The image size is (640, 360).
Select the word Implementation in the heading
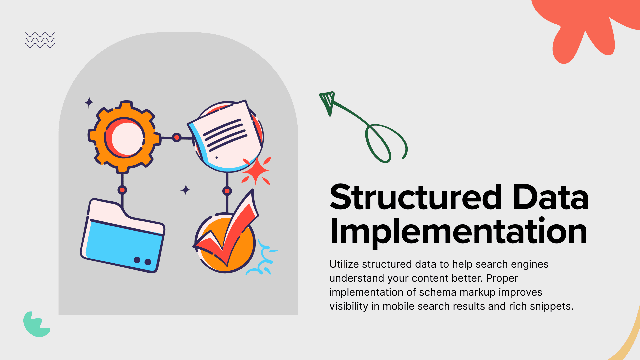point(458,232)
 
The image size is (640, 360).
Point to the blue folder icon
point(123,236)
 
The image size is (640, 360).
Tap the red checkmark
point(227,230)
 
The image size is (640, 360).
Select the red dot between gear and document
point(177,137)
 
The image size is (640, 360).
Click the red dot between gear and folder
point(122,190)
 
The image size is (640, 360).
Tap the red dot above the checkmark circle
point(227,191)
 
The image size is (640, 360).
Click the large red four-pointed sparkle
point(256,171)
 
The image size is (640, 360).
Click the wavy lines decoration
point(40,40)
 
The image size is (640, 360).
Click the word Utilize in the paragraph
point(344,264)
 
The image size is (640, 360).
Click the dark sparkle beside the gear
point(89,102)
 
